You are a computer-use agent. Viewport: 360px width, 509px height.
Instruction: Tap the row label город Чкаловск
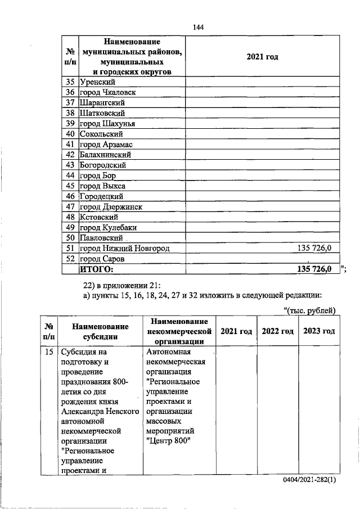(108, 92)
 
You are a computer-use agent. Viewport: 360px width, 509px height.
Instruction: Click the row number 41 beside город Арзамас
(70, 144)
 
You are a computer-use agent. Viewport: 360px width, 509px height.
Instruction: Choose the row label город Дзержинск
(111, 206)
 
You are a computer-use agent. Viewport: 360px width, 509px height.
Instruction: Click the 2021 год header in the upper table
(263, 57)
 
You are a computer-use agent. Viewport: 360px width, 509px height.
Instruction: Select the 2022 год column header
(278, 331)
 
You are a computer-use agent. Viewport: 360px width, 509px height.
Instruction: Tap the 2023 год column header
(319, 331)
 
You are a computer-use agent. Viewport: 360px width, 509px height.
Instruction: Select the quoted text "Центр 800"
(168, 440)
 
